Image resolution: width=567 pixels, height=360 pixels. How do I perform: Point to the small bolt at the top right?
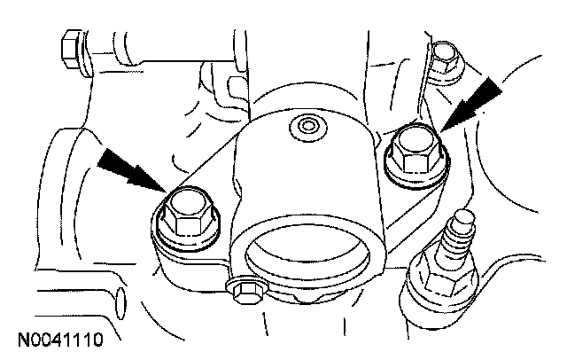[x=446, y=59]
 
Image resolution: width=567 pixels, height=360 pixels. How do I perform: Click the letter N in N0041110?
[x=20, y=339]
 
